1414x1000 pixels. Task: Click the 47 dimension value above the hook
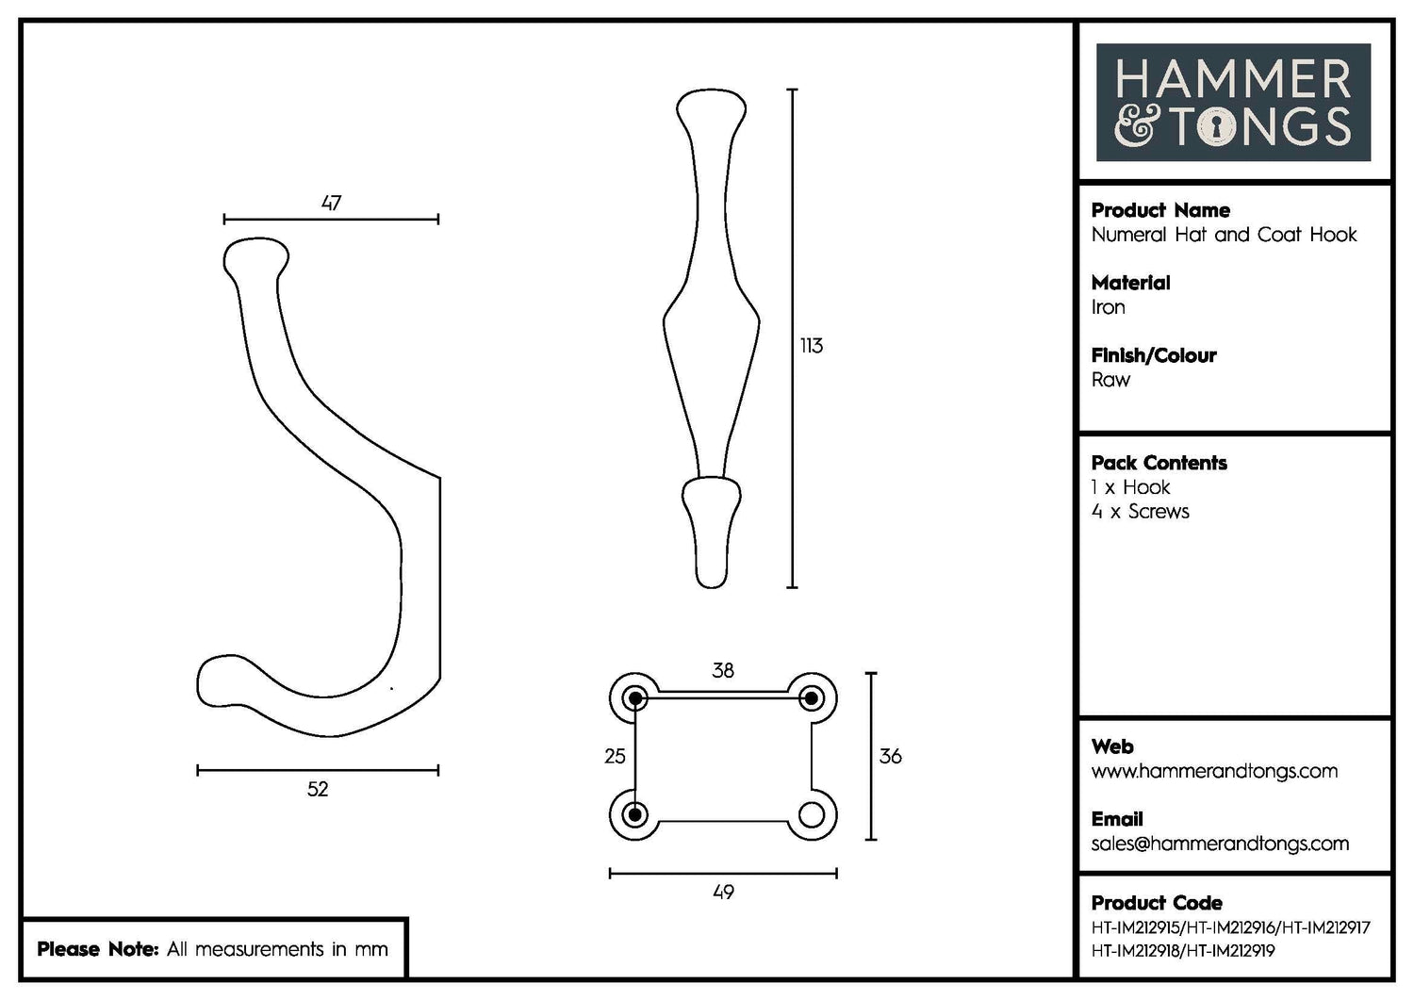point(331,203)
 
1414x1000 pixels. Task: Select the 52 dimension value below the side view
point(318,789)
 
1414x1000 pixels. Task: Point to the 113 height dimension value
point(811,346)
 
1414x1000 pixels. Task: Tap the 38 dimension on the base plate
point(723,670)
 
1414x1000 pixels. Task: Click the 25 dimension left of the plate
point(615,756)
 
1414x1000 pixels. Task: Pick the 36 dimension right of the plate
point(890,756)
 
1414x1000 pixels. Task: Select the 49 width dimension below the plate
point(723,892)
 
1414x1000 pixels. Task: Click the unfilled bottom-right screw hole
point(812,814)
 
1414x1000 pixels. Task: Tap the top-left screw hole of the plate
point(635,698)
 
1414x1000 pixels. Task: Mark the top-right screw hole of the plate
point(811,698)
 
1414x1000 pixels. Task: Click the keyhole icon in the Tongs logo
point(1216,127)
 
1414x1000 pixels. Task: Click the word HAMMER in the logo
point(1233,80)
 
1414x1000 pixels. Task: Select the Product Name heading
point(1160,210)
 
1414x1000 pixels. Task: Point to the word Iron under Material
point(1108,307)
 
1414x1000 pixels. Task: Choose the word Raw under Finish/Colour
point(1110,380)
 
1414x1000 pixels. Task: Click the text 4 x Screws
point(1140,512)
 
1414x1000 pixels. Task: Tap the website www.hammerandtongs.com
point(1214,771)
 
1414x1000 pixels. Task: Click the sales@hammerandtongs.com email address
point(1220,844)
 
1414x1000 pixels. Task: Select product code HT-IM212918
point(1135,951)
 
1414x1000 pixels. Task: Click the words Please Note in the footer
point(97,949)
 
